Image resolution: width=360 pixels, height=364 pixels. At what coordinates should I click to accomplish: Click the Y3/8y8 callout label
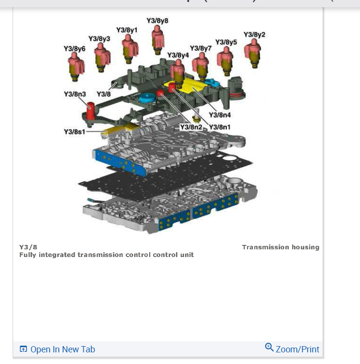coord(157,21)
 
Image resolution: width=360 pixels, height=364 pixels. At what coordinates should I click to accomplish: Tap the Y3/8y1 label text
coord(127,30)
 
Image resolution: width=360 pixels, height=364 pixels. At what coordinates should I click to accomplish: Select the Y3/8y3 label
coord(99,38)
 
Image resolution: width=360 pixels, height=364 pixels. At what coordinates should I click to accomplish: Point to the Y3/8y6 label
coord(74,49)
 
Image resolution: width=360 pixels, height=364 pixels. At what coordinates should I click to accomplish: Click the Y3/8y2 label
coord(254,35)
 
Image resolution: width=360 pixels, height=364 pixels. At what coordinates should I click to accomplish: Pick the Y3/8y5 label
coord(226,42)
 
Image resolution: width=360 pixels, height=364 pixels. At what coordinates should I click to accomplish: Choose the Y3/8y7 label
coord(201,48)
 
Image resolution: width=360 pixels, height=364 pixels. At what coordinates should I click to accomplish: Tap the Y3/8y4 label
coord(178,55)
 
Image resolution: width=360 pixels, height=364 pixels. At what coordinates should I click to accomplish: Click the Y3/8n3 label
coord(75,94)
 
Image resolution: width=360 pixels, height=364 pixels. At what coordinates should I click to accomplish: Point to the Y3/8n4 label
coord(219,115)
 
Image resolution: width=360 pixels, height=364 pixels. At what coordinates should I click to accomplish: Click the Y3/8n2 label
coord(191,127)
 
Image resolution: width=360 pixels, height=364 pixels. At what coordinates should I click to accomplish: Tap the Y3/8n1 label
coord(219,127)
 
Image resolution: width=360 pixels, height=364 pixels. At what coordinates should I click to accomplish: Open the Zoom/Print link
coord(292,349)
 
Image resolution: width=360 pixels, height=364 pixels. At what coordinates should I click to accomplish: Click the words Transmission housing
coord(281,247)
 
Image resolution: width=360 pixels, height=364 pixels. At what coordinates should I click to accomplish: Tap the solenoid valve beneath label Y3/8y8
coord(157,39)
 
